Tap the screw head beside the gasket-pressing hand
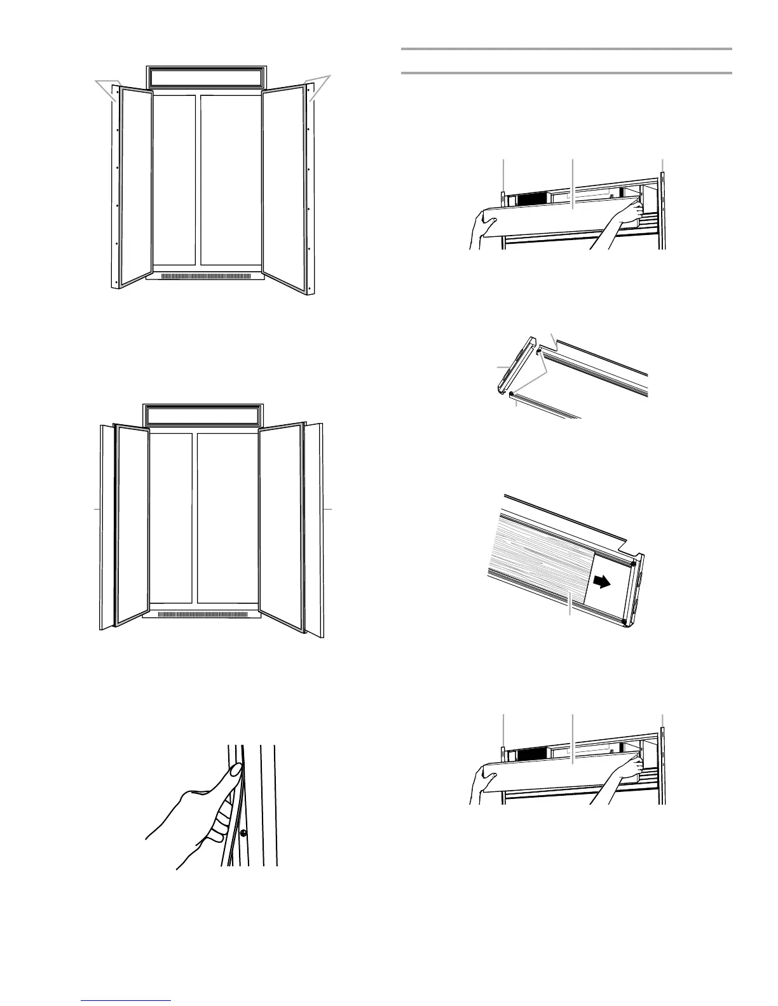tap(243, 833)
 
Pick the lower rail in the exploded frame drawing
tap(547, 406)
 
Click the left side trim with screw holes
tap(116, 191)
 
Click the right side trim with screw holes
tap(310, 191)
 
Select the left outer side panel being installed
tap(107, 527)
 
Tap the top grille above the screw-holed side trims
tap(205, 77)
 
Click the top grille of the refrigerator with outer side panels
tap(203, 416)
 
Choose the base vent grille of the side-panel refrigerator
tap(203, 614)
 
